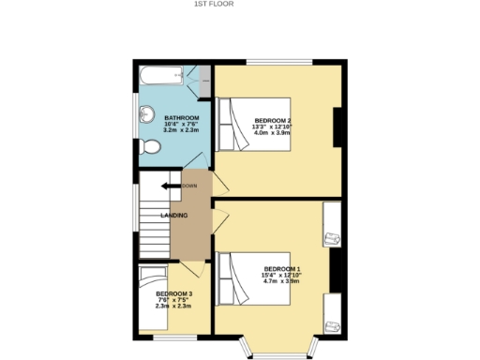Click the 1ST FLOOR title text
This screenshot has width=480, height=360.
[214, 4]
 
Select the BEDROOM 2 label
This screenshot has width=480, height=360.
[273, 120]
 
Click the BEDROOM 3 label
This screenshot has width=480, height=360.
[173, 294]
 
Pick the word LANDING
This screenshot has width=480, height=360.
[174, 216]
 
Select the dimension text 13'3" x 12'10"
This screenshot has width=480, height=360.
[273, 127]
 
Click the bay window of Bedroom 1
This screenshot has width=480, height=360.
[279, 347]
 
